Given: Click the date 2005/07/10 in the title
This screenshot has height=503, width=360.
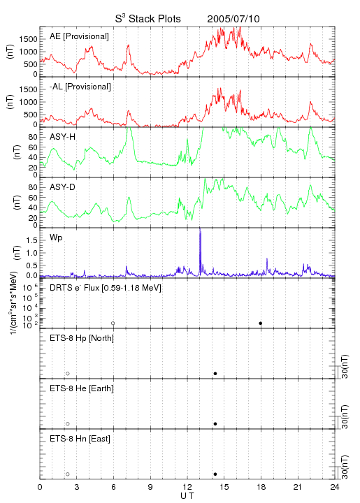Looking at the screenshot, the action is point(233,19).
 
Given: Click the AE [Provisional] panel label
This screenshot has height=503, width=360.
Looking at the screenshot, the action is point(79,36).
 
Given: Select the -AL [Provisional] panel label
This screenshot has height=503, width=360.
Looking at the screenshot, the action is point(80,87).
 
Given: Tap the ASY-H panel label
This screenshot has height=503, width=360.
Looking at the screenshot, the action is point(62,137).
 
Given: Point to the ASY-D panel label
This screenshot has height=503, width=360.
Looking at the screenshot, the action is point(62,187).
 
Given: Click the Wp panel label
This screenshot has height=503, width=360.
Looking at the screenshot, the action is point(56,238).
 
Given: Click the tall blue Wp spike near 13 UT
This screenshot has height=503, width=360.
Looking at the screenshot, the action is point(200,251).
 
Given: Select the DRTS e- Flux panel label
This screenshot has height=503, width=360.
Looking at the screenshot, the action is point(106,288).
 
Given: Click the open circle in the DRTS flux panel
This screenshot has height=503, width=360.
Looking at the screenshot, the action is point(113,323).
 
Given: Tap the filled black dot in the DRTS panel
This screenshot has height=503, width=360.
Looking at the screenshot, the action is point(261,323).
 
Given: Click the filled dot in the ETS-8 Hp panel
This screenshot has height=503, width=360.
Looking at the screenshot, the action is point(215,373).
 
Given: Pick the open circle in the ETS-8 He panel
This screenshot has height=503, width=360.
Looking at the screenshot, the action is point(68,424).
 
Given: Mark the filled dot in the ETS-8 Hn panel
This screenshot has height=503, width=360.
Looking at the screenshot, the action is point(215,474).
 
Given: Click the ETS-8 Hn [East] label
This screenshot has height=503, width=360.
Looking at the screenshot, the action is point(80,439).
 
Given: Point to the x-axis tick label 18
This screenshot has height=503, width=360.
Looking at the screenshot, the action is point(261,487).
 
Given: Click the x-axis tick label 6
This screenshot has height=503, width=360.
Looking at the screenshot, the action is point(113,487).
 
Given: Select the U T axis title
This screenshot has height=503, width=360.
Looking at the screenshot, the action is point(187,496).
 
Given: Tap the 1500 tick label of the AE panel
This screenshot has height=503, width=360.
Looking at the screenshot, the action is point(28,39).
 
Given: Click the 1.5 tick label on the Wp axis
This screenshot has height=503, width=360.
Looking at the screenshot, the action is point(31,240).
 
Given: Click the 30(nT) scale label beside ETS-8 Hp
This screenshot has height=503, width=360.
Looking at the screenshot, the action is point(345,366).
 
